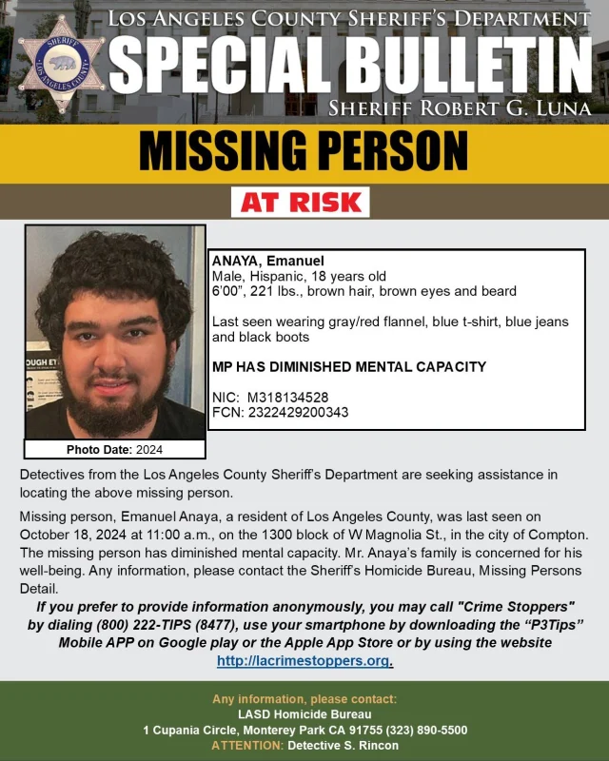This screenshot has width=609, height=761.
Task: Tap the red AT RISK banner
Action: (300, 202)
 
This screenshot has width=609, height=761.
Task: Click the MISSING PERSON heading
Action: (304, 150)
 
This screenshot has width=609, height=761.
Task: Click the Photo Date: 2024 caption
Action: (114, 449)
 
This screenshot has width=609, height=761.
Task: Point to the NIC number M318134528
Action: (287, 396)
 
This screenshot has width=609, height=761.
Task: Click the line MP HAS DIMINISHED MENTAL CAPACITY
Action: (348, 366)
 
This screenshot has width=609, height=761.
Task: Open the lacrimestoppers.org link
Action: (304, 660)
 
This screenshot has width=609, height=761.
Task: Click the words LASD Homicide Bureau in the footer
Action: (304, 714)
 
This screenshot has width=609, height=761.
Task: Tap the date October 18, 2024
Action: (72, 535)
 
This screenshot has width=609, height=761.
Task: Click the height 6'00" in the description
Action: (226, 291)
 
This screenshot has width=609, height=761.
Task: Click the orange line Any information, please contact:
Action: (304, 699)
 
